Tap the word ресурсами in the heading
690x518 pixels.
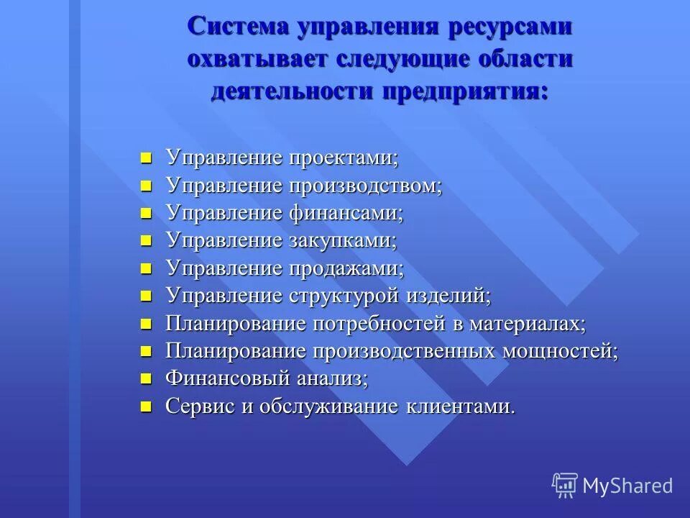pos(510,28)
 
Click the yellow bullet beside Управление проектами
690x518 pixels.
pos(147,158)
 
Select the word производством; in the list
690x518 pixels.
pos(366,186)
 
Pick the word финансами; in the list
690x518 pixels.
pos(346,214)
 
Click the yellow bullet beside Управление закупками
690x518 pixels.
pos(147,241)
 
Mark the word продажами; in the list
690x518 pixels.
pos(346,268)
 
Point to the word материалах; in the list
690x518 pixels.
pos(528,324)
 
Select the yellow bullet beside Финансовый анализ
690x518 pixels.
pos(147,378)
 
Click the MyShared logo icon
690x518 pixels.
pos(565,485)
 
